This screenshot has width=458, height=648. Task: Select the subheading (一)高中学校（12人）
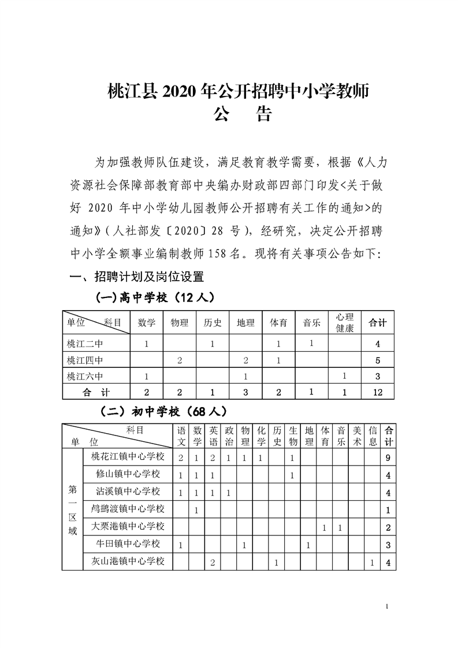point(155,297)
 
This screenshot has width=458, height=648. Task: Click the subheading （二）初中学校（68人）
point(163,412)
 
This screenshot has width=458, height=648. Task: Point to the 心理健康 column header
point(345,323)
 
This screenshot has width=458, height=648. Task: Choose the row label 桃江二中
point(85,344)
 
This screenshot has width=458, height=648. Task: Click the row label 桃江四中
point(85,361)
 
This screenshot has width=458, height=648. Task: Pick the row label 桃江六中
point(85,377)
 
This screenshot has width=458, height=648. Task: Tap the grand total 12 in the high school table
point(377,393)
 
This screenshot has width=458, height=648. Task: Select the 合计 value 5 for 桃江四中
point(377,361)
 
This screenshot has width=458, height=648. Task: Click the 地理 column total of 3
point(246,393)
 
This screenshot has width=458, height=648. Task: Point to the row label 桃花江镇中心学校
point(128,457)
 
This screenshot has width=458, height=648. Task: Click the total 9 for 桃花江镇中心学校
point(389,457)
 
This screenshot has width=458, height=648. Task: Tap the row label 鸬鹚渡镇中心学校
point(128,509)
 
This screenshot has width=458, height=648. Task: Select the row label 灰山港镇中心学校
point(128,561)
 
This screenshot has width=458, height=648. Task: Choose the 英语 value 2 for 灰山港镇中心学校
point(213,562)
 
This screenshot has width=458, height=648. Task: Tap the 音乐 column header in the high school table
point(312,323)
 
